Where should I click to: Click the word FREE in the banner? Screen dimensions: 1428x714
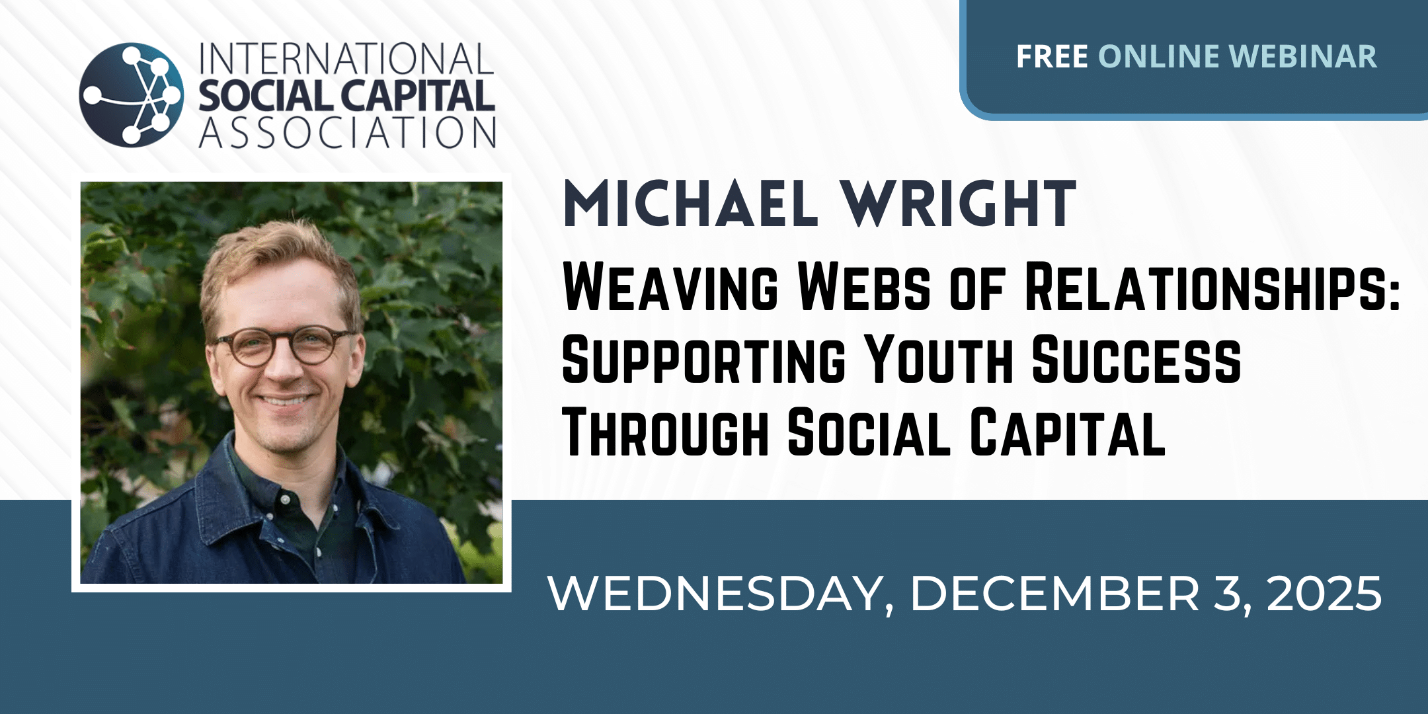pos(1052,57)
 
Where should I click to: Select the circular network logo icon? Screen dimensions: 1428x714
pos(131,95)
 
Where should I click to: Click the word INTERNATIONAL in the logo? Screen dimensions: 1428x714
pos(346,59)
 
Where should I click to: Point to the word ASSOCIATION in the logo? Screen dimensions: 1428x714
pos(347,132)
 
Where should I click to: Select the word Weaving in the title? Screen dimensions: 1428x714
pos(670,286)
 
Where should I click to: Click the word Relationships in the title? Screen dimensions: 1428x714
pos(1212,286)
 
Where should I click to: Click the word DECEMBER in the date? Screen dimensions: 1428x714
pos(1054,593)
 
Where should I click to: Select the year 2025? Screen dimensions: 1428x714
pos(1324,593)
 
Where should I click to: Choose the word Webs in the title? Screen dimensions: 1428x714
pos(865,286)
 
